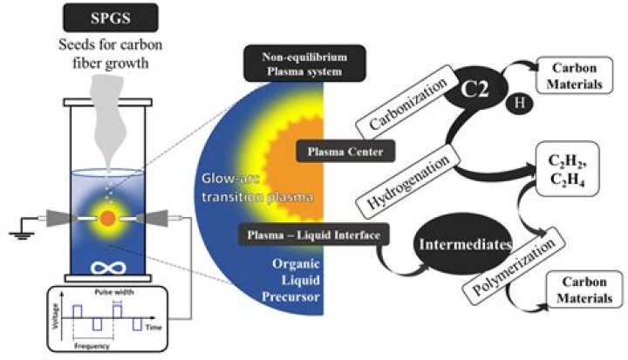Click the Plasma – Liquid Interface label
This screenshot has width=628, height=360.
pos(311,233)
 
